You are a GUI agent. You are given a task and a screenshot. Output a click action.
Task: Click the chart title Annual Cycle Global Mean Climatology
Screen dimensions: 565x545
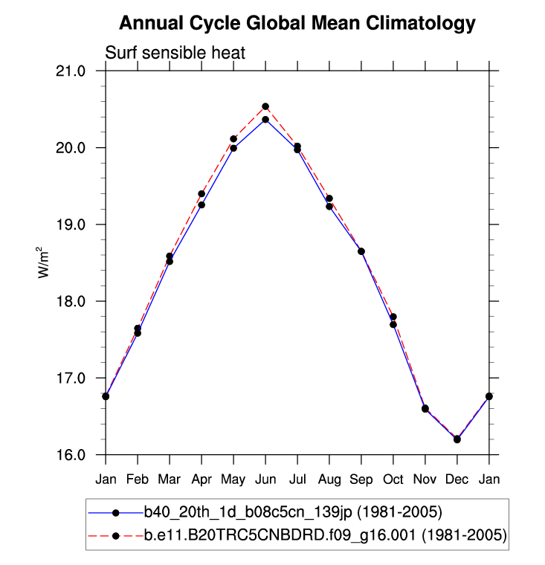coord(297,23)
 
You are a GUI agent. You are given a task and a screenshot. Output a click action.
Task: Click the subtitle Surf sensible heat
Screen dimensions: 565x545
coord(175,53)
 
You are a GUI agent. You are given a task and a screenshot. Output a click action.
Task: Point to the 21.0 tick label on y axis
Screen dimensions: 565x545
coord(81,71)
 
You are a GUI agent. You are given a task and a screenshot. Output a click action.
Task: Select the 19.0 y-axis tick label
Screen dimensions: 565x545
coord(81,225)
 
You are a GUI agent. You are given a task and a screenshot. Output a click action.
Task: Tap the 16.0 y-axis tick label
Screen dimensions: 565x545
coord(81,454)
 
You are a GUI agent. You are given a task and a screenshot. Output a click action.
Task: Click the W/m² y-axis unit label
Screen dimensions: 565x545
coord(45,262)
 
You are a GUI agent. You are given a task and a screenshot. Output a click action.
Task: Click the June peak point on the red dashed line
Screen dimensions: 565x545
coord(265,106)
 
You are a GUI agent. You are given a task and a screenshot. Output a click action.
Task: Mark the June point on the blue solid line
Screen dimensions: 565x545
coord(265,120)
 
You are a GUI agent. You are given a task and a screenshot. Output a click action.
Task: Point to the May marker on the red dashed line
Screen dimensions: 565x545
coord(233,138)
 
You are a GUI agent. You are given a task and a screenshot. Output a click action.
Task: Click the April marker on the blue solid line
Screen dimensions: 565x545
coord(201,205)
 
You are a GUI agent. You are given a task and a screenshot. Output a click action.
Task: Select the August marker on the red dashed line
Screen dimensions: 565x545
coord(329,198)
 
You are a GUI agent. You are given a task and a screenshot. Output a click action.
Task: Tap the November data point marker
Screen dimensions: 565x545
coord(425,408)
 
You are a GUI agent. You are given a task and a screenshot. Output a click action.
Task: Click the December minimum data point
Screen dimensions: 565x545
coord(457,439)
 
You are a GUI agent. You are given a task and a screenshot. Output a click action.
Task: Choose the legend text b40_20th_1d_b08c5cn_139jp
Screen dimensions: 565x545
coord(293,513)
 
